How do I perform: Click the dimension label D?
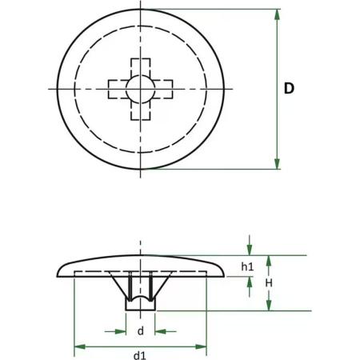point(289,88)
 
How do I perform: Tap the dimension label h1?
point(247,266)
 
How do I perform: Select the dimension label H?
point(269,283)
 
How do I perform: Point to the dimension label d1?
point(140,355)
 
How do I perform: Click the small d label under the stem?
point(140,331)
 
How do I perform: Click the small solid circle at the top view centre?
point(141,89)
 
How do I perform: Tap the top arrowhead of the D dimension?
point(278,16)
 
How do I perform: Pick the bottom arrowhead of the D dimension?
point(278,162)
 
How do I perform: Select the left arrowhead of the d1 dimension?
point(80,347)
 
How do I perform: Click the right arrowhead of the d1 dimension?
point(201,347)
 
